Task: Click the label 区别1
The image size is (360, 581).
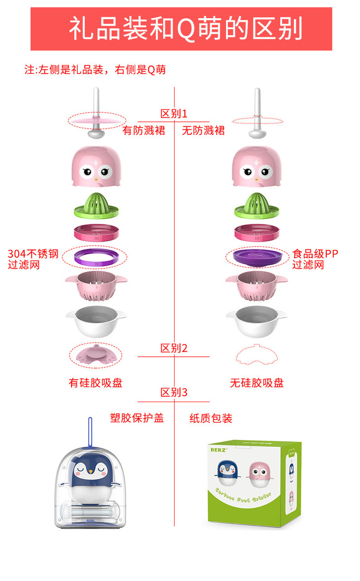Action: [x=174, y=114]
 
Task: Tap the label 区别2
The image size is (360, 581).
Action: [x=174, y=348]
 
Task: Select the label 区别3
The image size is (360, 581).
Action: [x=174, y=393]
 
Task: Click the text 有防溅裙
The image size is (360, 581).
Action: [x=144, y=131]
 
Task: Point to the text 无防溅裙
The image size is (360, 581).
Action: [x=203, y=131]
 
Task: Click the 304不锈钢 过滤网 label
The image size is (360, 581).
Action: [x=33, y=259]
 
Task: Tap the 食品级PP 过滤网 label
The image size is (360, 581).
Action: [x=315, y=259]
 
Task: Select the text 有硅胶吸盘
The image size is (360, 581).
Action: [x=96, y=382]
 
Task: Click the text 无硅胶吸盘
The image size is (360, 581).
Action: [x=256, y=382]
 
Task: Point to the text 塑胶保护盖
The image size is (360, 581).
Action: [x=137, y=418]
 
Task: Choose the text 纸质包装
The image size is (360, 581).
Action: [x=211, y=418]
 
